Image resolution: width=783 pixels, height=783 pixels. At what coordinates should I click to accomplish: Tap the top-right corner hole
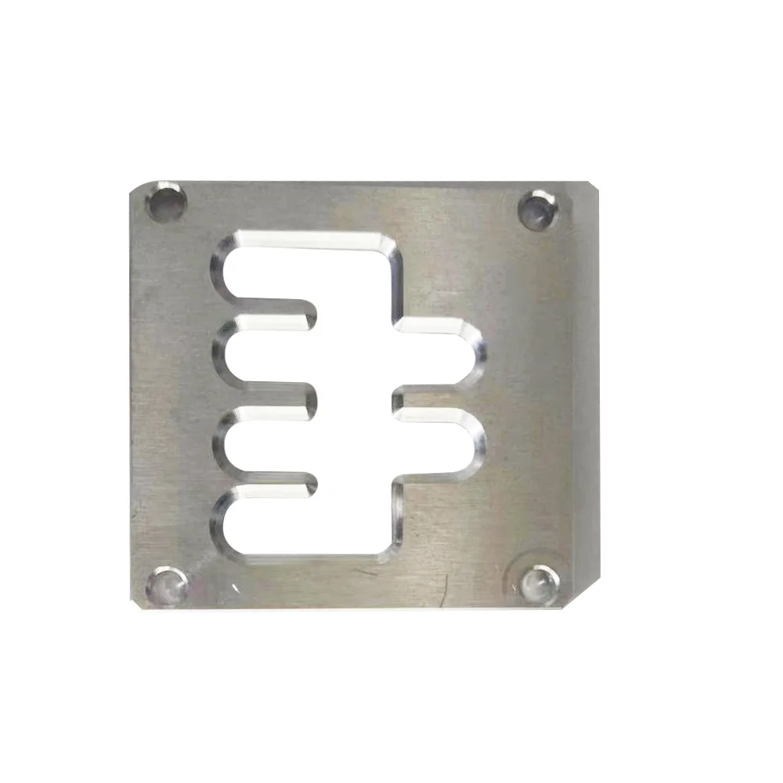pyautogui.click(x=537, y=209)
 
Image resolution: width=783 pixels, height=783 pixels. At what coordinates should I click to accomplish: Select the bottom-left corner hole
pyautogui.click(x=166, y=585)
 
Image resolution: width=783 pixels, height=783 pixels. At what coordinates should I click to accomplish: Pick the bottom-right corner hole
pyautogui.click(x=540, y=583)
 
